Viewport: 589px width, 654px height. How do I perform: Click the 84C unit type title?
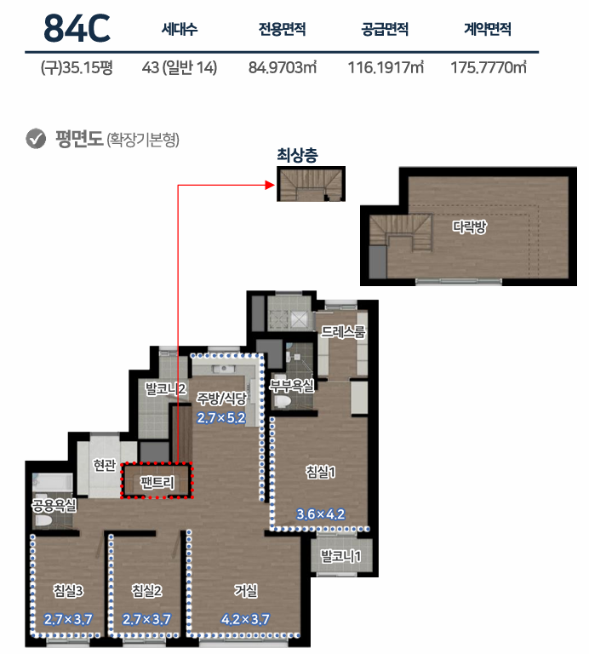tap(77, 28)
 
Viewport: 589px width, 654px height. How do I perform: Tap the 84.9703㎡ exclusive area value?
tap(283, 67)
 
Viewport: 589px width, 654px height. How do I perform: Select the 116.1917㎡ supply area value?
tap(386, 67)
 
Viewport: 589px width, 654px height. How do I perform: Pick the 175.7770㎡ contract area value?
tap(489, 67)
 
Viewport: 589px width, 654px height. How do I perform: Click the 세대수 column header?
tap(180, 29)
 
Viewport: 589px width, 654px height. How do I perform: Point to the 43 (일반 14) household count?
tap(180, 67)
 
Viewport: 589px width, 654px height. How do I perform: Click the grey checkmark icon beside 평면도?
tap(36, 139)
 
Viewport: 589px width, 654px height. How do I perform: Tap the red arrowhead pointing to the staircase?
tap(270, 185)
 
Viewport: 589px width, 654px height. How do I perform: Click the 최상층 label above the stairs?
tap(297, 155)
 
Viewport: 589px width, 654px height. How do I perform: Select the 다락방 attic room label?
tap(469, 227)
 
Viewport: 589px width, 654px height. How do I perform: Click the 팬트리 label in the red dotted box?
tap(157, 483)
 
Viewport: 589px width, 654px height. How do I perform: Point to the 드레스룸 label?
tap(343, 332)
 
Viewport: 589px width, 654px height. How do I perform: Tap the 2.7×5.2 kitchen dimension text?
tap(221, 417)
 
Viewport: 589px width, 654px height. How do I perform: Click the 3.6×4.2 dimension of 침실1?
tap(321, 513)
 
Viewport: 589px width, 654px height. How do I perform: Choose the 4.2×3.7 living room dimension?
tap(245, 619)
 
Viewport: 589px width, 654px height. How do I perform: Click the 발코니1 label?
tap(340, 556)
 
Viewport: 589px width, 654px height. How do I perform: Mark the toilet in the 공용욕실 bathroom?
tap(43, 520)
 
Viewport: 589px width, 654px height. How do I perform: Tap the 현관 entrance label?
tap(104, 464)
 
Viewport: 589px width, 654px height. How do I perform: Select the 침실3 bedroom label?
tap(68, 591)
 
